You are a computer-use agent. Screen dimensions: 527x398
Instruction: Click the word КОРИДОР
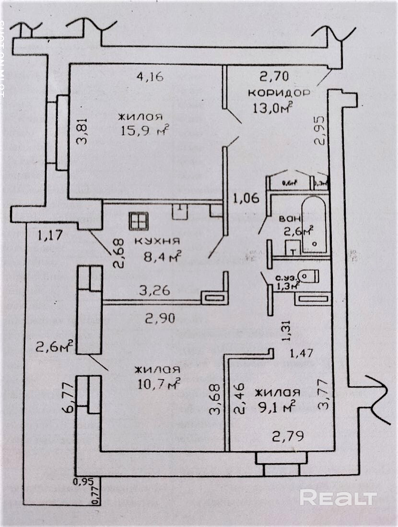point(279,92)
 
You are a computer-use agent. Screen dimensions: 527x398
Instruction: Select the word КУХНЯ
point(157,241)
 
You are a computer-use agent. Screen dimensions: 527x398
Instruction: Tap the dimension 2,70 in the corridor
point(274,76)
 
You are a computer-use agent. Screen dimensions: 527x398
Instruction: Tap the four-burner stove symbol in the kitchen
point(139,221)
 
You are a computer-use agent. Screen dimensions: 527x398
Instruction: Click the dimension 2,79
point(288,436)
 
